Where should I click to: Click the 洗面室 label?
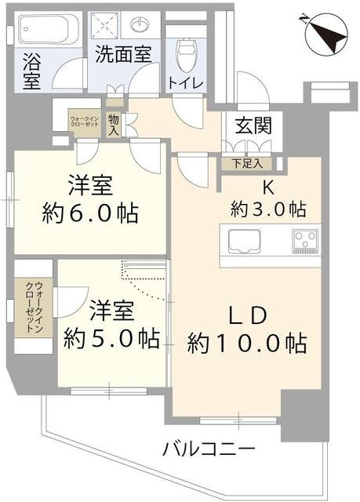click(125, 56)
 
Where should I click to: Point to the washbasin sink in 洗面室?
click(140, 25)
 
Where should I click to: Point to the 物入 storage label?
click(115, 123)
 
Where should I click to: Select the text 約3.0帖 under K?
click(267, 209)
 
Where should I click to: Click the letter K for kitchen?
click(267, 187)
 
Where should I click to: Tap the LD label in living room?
click(249, 314)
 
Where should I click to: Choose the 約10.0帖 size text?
click(246, 343)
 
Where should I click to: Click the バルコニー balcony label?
click(209, 450)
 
